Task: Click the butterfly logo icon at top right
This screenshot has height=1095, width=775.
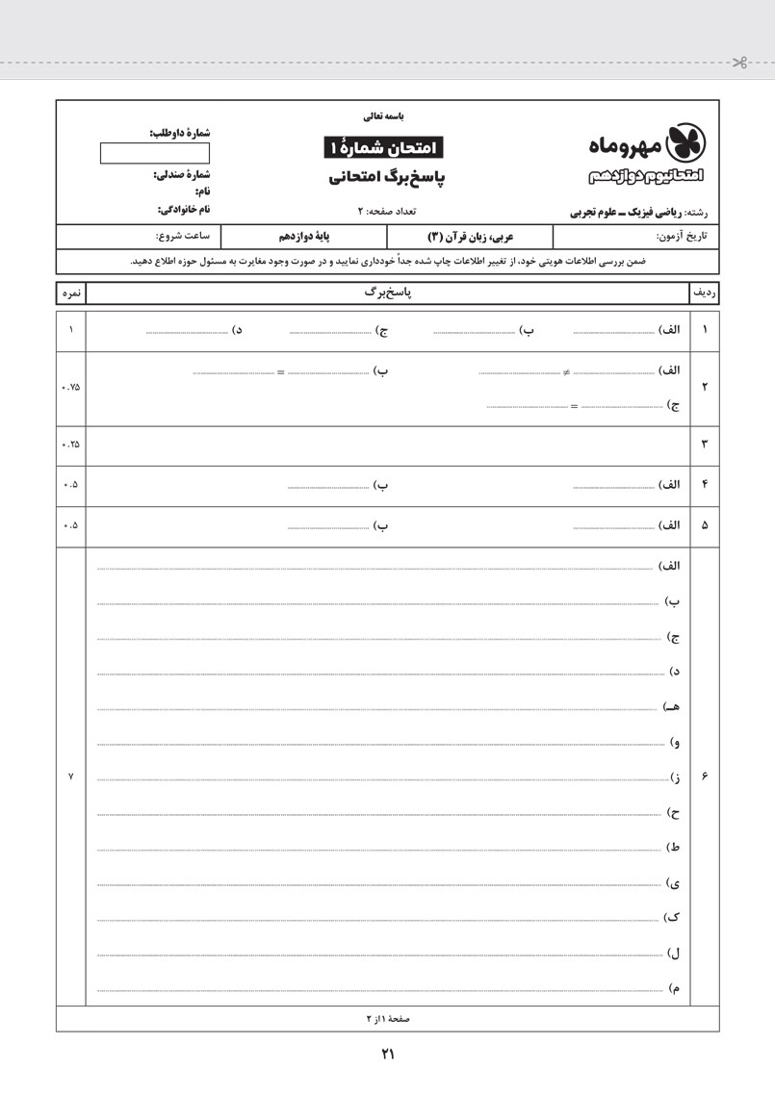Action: pos(686,141)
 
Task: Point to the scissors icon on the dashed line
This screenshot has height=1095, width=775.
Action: pos(739,64)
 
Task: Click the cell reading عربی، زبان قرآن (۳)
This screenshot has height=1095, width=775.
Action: pos(470,236)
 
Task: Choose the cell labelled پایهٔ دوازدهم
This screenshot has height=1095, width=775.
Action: pos(304,236)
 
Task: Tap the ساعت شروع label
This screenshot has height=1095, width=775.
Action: pos(183,236)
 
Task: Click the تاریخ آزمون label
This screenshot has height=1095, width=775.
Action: pos(682,236)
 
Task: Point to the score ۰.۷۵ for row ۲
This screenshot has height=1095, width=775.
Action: pos(70,388)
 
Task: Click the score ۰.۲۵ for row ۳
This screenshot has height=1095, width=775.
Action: pos(70,444)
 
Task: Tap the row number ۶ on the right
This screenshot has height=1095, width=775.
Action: pos(705,777)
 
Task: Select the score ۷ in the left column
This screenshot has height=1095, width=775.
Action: pos(70,777)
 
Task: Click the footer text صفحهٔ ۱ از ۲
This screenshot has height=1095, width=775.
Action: pos(387,1018)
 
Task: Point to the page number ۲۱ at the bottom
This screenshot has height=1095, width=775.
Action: pos(388,1055)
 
